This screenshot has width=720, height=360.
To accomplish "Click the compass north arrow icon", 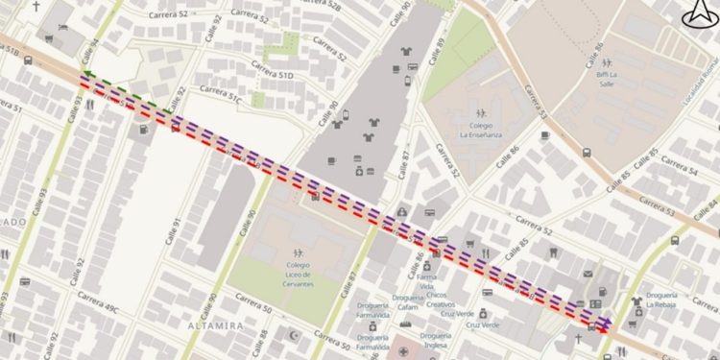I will pos(697,14).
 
